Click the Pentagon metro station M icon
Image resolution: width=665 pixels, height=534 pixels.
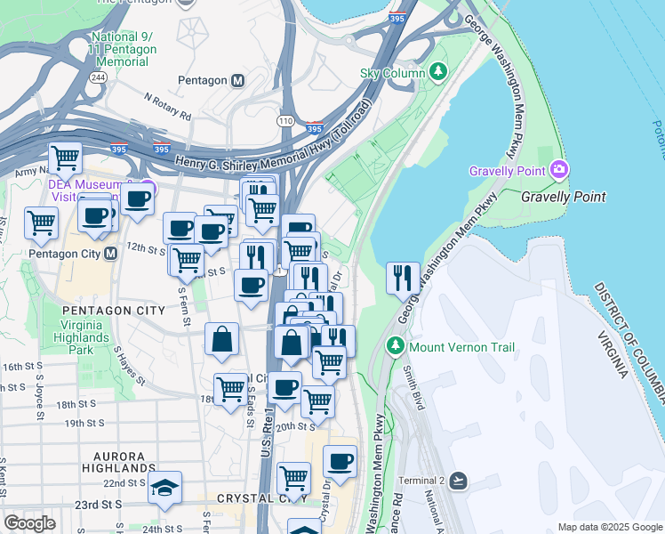pyautogui.click(x=238, y=80)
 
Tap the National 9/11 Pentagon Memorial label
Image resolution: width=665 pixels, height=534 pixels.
pyautogui.click(x=123, y=49)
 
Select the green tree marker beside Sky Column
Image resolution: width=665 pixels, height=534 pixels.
pyautogui.click(x=437, y=70)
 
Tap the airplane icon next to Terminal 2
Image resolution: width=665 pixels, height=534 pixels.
pyautogui.click(x=458, y=481)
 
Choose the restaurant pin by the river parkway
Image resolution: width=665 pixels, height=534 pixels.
pyautogui.click(x=403, y=279)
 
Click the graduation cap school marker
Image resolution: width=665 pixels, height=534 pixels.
pyautogui.click(x=164, y=488)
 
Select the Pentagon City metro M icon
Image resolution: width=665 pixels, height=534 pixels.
pyautogui.click(x=112, y=254)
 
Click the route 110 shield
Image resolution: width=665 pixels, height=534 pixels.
pyautogui.click(x=285, y=120)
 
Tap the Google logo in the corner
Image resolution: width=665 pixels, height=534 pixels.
pyautogui.click(x=28, y=522)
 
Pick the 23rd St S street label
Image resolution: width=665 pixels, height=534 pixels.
pyautogui.click(x=99, y=504)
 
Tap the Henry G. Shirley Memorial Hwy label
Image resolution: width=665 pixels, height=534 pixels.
pyautogui.click(x=271, y=143)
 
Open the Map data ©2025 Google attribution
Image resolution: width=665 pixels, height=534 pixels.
pyautogui.click(x=609, y=527)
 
